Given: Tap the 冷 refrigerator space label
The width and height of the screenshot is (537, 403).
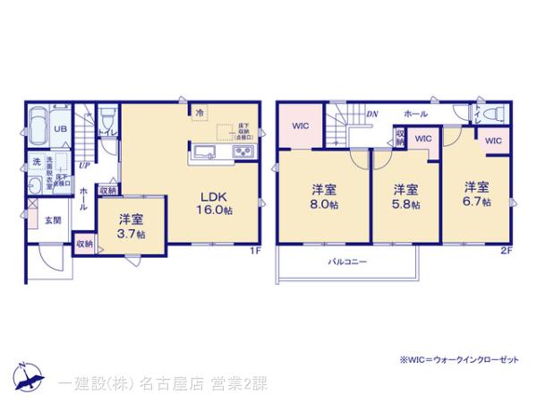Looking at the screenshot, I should click(x=202, y=114).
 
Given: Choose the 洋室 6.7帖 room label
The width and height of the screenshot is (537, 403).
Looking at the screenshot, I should click(x=476, y=194).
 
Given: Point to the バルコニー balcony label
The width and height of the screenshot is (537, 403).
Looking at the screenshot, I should click(x=346, y=262).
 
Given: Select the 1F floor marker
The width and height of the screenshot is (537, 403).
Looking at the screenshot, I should click(x=255, y=252).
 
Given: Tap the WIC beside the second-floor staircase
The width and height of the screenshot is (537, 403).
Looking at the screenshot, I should click(x=300, y=126).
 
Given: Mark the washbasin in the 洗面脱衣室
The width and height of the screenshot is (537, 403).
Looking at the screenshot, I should click(x=34, y=184).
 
